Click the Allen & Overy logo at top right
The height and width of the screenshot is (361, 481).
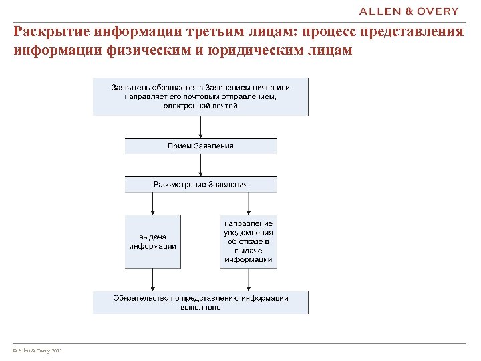tap(409, 11)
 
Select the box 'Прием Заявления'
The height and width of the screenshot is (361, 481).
tap(200, 146)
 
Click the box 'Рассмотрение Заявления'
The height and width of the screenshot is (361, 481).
tap(200, 184)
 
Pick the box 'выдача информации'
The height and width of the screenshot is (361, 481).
tap(153, 241)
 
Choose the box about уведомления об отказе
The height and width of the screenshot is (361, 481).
tap(249, 241)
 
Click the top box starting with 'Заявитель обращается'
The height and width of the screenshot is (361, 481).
tap(200, 96)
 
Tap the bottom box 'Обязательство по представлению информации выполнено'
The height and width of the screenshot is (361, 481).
tap(200, 303)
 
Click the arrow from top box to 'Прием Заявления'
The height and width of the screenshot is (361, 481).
tap(200, 127)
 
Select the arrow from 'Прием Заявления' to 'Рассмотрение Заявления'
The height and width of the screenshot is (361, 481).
tap(200, 166)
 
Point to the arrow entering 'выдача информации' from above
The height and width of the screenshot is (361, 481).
tap(153, 203)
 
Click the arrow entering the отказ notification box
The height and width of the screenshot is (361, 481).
tap(249, 203)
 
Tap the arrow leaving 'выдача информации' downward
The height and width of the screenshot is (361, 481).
tap(153, 279)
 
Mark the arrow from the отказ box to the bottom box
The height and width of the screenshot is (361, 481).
tap(249, 279)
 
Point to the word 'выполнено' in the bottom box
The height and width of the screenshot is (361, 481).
tap(200, 308)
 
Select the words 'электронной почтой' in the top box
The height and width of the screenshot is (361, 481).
tap(200, 106)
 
